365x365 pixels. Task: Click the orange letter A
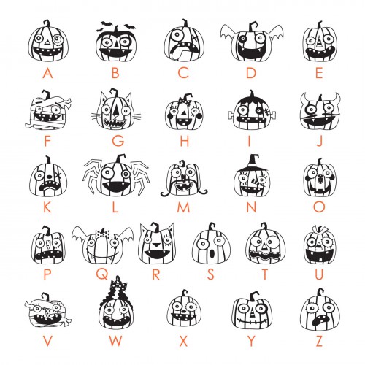[x=47, y=73]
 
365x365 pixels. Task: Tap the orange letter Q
[x=102, y=274]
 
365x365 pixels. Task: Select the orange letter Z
[x=319, y=341]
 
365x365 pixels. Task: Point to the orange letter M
[x=183, y=207]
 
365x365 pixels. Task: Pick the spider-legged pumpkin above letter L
[x=115, y=177]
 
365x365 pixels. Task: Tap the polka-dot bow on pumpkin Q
[x=102, y=234]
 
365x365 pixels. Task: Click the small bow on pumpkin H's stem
[x=183, y=101]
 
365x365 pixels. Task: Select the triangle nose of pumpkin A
[x=47, y=43]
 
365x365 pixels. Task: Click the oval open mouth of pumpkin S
[x=212, y=253]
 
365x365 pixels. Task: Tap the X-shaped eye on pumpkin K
[x=58, y=176]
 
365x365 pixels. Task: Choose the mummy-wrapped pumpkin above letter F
[x=48, y=111]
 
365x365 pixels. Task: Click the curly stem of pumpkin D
[x=253, y=26]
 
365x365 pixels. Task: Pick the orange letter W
[x=115, y=341]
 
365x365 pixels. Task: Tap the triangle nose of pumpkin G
[x=116, y=111]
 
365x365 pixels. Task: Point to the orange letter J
[x=319, y=141]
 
